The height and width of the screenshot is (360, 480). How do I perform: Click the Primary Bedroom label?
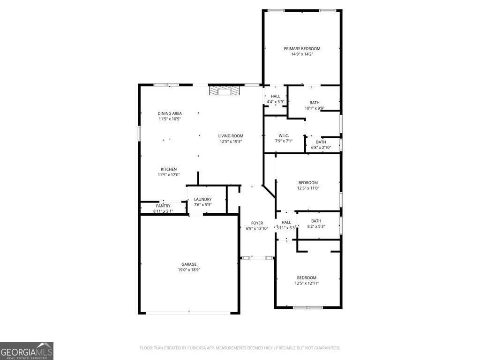pyautogui.click(x=302, y=49)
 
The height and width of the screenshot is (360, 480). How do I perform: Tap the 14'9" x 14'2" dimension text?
pyautogui.click(x=302, y=54)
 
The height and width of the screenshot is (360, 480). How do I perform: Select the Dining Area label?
pyautogui.click(x=170, y=113)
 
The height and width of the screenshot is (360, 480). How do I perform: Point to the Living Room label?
pyautogui.click(x=231, y=136)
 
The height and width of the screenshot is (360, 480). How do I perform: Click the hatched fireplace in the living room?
pyautogui.click(x=225, y=91)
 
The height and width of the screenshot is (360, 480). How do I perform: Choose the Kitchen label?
pyautogui.click(x=169, y=169)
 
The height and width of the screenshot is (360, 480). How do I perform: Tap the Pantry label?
pyautogui.click(x=163, y=206)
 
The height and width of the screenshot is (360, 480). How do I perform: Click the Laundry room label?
pyautogui.click(x=202, y=199)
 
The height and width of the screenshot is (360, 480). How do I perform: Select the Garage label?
pyautogui.click(x=189, y=264)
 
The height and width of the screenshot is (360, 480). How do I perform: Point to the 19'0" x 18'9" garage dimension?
pyautogui.click(x=189, y=270)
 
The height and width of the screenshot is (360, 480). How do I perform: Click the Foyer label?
pyautogui.click(x=257, y=223)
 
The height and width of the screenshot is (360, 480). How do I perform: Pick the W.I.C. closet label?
pyautogui.click(x=284, y=135)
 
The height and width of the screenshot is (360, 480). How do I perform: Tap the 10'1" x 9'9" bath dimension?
pyautogui.click(x=315, y=108)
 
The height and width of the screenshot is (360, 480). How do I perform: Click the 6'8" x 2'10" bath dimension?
pyautogui.click(x=321, y=148)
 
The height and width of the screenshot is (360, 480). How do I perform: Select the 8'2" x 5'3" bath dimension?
pyautogui.click(x=316, y=226)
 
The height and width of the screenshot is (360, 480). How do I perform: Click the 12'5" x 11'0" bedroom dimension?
pyautogui.click(x=308, y=188)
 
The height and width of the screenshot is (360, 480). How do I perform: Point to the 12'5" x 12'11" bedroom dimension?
pyautogui.click(x=307, y=283)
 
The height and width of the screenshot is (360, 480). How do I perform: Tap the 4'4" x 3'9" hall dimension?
pyautogui.click(x=276, y=102)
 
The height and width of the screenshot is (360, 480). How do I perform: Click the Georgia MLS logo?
pyautogui.click(x=27, y=351)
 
